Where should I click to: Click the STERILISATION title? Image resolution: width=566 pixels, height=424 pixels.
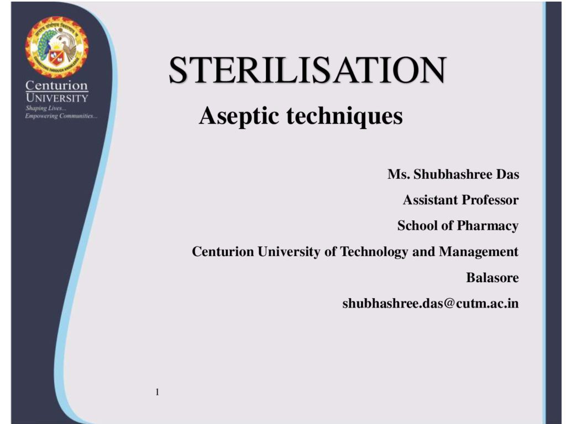point(307,70)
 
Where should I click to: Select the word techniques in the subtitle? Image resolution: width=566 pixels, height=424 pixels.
point(345,116)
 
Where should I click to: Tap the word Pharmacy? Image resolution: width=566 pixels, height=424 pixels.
point(488,226)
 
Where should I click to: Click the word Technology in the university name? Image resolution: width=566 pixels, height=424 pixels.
point(374,252)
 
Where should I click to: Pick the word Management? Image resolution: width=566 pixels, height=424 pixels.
point(479,252)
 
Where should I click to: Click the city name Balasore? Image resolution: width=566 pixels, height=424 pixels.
point(492,278)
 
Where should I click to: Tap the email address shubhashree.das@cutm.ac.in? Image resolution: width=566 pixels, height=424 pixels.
point(431,303)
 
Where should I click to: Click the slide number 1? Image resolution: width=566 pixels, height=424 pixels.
point(158,392)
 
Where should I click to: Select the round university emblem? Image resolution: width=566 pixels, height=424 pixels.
point(57,47)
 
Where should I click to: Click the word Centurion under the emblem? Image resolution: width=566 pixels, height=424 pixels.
point(57,86)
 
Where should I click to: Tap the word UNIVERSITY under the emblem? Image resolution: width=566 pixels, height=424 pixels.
point(57,98)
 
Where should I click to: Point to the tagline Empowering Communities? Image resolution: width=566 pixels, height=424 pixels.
point(61,116)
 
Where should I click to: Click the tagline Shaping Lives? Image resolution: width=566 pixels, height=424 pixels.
point(46,108)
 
